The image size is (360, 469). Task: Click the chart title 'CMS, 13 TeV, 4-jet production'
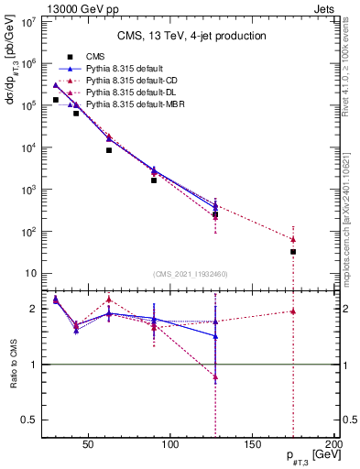pos(191,36)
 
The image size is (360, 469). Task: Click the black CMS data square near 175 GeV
pos(293,251)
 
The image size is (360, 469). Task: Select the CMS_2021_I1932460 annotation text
pos(191,274)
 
